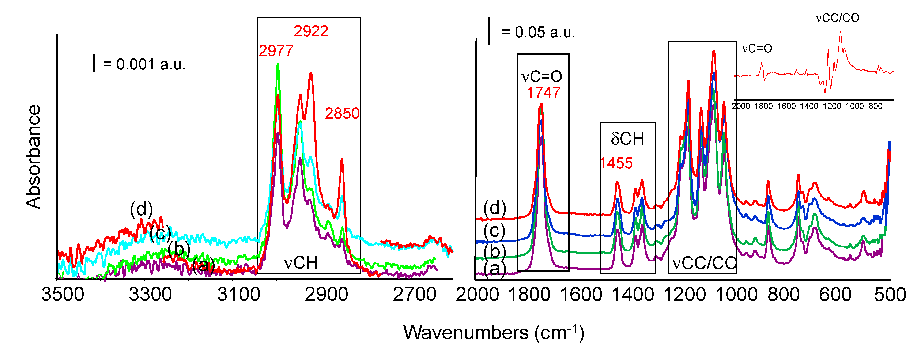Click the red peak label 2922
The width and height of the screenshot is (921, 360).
pyautogui.click(x=311, y=31)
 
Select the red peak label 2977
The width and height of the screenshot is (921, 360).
pyautogui.click(x=276, y=51)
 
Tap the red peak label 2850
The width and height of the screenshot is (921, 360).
pyautogui.click(x=342, y=114)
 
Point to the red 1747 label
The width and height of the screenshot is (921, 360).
pyautogui.click(x=543, y=93)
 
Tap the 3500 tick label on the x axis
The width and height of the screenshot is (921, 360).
pyautogui.click(x=63, y=295)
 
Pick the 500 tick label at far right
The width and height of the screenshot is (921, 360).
pyautogui.click(x=890, y=295)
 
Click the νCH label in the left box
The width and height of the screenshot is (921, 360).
pyautogui.click(x=301, y=263)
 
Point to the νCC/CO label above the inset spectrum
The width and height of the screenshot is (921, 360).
pyautogui.click(x=837, y=18)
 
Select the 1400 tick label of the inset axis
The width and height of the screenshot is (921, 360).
pyautogui.click(x=809, y=106)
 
